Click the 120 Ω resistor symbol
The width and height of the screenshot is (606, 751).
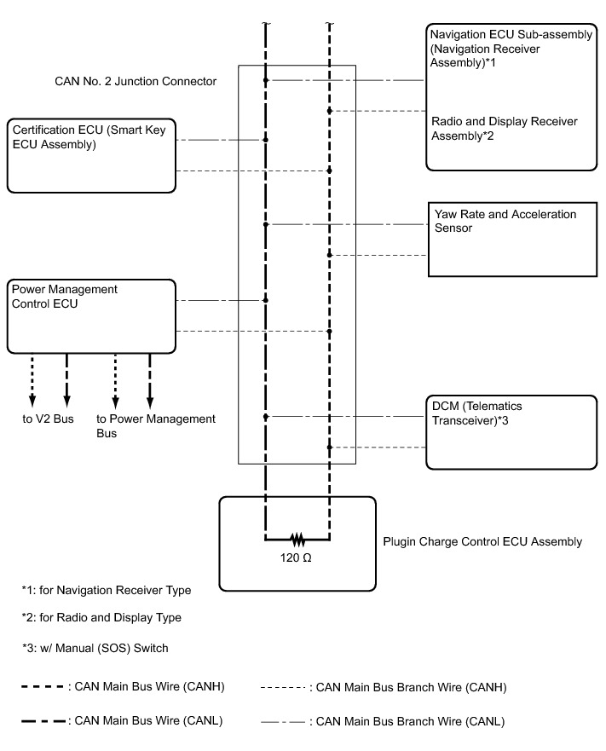tap(297, 540)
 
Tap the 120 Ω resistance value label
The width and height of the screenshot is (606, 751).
tap(296, 558)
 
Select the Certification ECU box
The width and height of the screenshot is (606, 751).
tap(91, 156)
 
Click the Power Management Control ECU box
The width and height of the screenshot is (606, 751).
tap(91, 316)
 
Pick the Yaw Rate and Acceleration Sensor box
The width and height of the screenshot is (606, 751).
tap(512, 240)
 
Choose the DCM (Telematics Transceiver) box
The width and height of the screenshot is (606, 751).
tap(511, 432)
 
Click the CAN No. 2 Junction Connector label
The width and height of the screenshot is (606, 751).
tap(136, 82)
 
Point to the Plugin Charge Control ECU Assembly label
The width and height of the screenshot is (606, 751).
tap(482, 541)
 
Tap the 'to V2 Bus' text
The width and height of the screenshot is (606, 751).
tap(48, 419)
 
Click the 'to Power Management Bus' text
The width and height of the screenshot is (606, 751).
tap(156, 425)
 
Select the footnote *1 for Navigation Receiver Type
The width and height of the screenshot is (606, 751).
tap(107, 590)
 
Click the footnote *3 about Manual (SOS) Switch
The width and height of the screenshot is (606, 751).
tap(95, 648)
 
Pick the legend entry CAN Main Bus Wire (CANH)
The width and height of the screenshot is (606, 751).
tap(123, 686)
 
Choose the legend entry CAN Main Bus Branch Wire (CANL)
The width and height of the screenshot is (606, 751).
tap(383, 721)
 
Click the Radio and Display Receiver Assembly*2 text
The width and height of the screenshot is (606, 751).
tap(505, 129)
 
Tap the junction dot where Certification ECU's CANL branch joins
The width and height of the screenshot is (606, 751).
tap(266, 140)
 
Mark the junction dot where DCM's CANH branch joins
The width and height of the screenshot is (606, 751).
tap(330, 448)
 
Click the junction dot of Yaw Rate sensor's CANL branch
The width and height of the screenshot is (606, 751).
tap(266, 224)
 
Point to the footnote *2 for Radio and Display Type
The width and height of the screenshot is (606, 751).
tap(101, 617)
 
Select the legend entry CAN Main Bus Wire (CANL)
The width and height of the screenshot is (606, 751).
tap(122, 721)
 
